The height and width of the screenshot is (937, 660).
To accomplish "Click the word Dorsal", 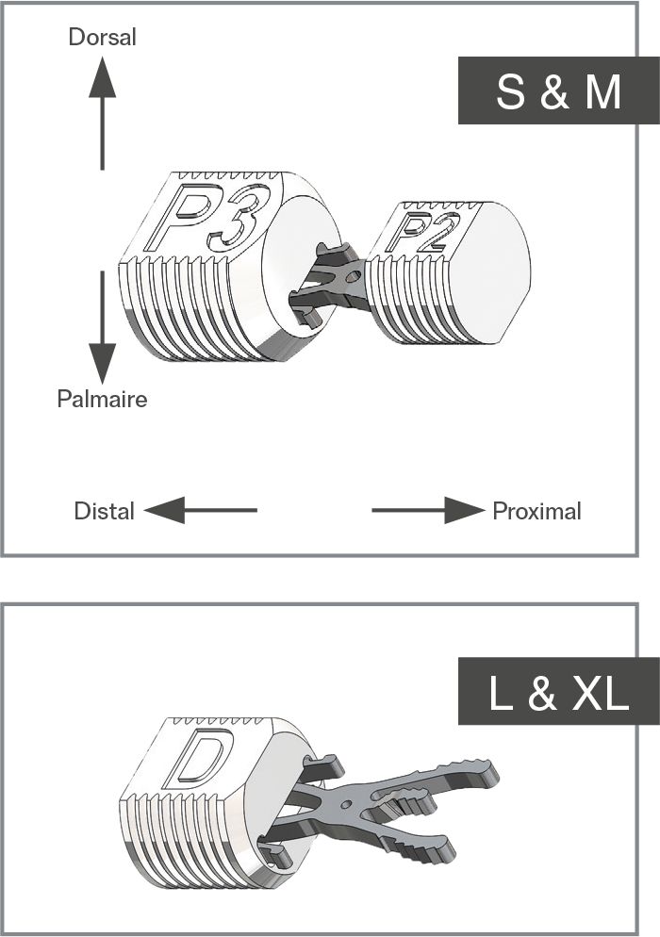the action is coord(102,37).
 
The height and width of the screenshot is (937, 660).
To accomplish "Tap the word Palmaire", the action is coord(102,399).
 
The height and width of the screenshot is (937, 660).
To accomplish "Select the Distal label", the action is coord(104,511).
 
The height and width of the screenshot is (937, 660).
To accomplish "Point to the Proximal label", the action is coord(536,511).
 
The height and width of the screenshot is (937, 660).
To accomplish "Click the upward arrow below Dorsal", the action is coord(102,113).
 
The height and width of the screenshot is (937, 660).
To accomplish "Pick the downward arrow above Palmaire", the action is coord(102,327).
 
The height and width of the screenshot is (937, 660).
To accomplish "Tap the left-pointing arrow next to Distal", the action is coord(200,510).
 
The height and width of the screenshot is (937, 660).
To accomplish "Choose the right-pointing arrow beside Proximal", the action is coord(428,510).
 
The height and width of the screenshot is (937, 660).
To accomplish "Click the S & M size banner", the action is coord(559,90).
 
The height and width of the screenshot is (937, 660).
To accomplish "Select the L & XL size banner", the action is coord(559,691).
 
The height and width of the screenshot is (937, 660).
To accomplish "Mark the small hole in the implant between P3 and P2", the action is coord(354,277).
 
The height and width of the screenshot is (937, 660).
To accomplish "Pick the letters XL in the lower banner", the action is coord(601,692).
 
